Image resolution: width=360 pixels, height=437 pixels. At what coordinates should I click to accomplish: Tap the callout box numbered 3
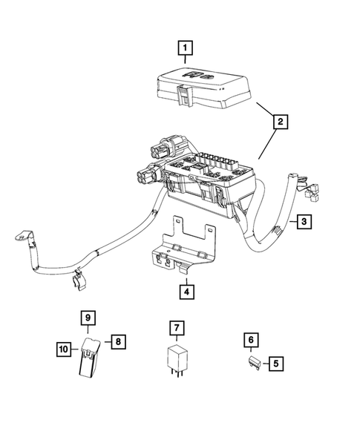(303, 221)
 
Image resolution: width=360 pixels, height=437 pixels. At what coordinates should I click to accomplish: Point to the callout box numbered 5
(275, 364)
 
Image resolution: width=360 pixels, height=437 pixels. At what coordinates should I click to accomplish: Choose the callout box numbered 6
(251, 340)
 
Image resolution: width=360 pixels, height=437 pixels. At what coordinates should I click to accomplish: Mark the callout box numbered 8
(117, 341)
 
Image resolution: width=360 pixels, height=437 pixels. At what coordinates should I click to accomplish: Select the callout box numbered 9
(88, 318)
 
